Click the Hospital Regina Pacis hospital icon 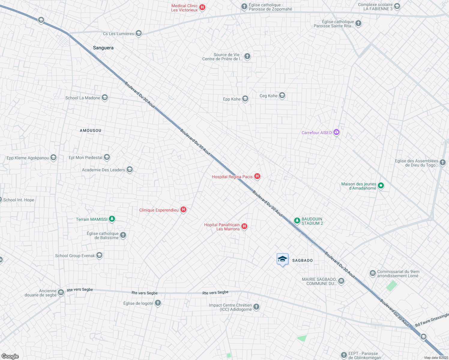click(x=257, y=176)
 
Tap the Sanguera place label click(x=103, y=48)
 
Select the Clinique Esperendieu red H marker click(x=183, y=210)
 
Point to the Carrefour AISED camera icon click(x=336, y=132)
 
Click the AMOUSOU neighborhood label click(x=90, y=130)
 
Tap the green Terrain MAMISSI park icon click(x=112, y=219)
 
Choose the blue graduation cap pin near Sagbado click(x=282, y=259)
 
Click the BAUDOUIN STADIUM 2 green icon click(x=297, y=221)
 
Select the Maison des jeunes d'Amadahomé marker click(x=381, y=186)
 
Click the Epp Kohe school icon click(x=245, y=99)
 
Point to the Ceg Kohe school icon click(x=282, y=96)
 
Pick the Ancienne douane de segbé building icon click(x=61, y=292)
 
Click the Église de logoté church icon click(x=158, y=303)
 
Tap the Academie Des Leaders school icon click(x=130, y=169)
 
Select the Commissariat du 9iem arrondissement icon click(x=373, y=273)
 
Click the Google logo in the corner click(x=10, y=356)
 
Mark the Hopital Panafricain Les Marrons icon click(x=244, y=226)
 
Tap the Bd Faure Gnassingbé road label click(x=432, y=320)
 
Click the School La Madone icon click(x=104, y=97)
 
